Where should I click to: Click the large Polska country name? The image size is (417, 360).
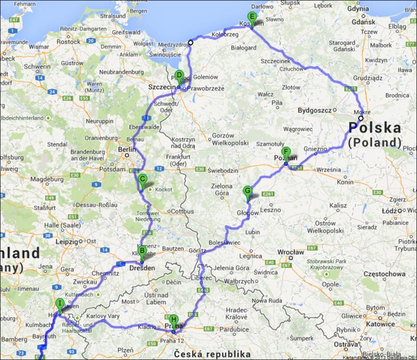pyautogui.click(x=375, y=128)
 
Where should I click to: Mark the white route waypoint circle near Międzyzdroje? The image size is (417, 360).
pyautogui.click(x=191, y=43)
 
